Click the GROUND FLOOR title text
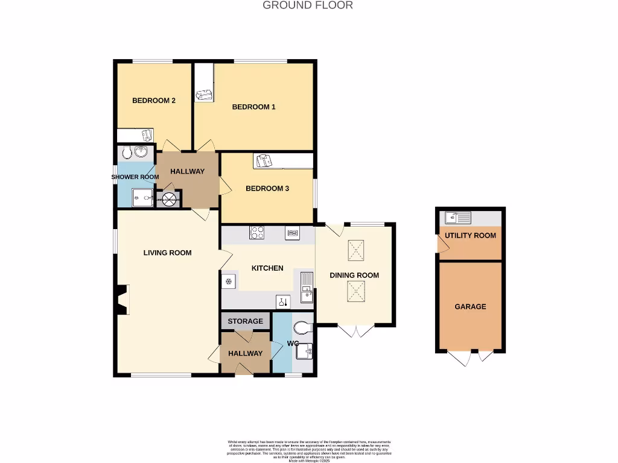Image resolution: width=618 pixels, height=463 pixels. (308, 5)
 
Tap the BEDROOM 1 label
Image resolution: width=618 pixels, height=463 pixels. (253, 107)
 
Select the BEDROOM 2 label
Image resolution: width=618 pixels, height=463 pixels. (154, 100)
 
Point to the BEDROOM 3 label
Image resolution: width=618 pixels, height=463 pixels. (267, 188)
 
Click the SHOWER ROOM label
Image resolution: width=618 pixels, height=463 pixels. (135, 177)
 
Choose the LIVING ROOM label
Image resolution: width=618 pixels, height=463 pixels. (167, 253)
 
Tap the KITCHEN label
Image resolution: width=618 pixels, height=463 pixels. (267, 268)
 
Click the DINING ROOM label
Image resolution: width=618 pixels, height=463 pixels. (354, 275)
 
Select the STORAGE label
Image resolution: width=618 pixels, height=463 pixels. (245, 321)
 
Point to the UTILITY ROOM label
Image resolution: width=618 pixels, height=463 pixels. (470, 235)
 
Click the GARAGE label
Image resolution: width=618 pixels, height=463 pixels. (470, 306)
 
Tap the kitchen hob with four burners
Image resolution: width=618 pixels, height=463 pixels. (256, 233)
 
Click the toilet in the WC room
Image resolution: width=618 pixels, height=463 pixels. (302, 328)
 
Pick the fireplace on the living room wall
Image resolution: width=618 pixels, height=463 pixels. (122, 300)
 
